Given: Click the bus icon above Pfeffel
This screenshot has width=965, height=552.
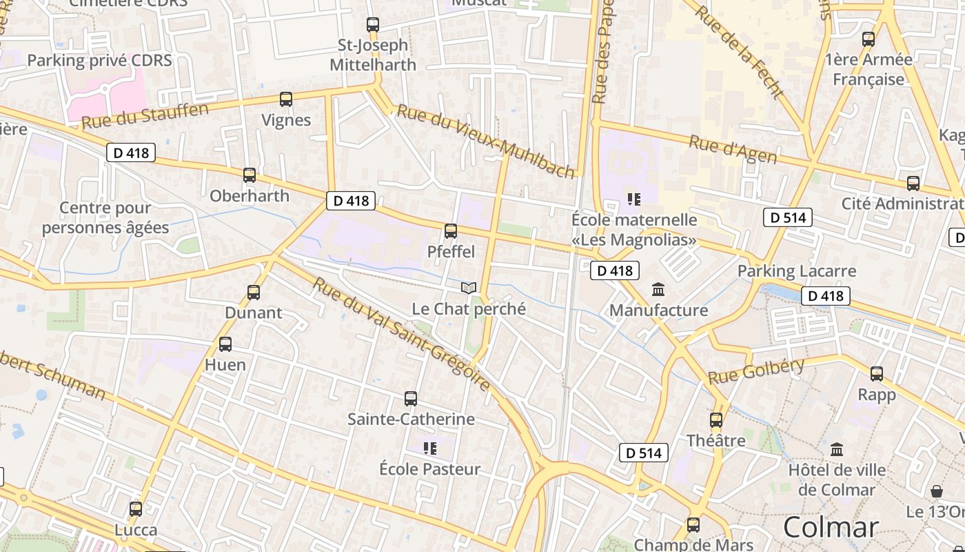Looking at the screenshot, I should (x=451, y=231).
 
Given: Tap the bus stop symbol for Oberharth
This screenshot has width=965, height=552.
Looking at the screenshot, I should (x=250, y=175).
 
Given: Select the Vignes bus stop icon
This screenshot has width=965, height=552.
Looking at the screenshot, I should (x=286, y=99).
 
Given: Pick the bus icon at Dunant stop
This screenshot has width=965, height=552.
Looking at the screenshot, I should (x=254, y=293).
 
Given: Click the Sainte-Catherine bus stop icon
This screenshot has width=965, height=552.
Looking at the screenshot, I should (x=411, y=399).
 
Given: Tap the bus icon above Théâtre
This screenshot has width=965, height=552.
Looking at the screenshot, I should (x=716, y=420).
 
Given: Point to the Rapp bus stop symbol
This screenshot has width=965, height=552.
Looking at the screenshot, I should (x=877, y=374).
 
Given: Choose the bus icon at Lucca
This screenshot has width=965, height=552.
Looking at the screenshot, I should (x=136, y=509).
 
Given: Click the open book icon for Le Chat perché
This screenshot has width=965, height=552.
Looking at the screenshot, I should (x=469, y=288).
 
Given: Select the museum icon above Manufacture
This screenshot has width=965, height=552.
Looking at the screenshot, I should (x=658, y=289).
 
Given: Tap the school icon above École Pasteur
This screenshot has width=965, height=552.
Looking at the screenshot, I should (x=430, y=448).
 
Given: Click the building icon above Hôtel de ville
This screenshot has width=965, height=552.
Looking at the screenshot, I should (x=837, y=450).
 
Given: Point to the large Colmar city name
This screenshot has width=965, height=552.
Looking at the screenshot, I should (x=831, y=528).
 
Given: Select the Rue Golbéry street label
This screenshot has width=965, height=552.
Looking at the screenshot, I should (x=756, y=371).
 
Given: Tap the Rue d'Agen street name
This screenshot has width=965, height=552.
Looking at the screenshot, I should (x=733, y=150).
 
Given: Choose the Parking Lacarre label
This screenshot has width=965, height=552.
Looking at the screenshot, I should (x=797, y=271).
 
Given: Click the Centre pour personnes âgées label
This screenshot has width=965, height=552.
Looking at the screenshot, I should (x=105, y=218).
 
